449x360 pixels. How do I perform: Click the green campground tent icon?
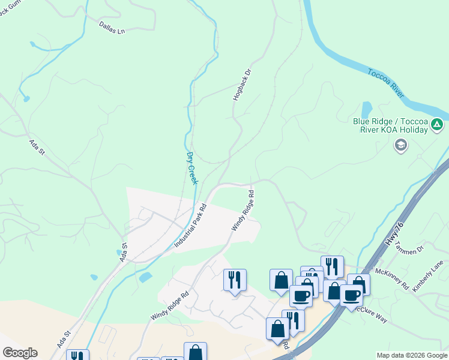pos(437,125)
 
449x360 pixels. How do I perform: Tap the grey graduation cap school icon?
pos(400,145)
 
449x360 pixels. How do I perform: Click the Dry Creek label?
pos(191,168)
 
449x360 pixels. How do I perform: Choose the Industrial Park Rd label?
pos(190,226)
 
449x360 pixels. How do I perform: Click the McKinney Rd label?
pos(393,277)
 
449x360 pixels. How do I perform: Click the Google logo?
pos(20,353)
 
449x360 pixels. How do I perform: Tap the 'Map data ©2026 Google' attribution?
pos(412,355)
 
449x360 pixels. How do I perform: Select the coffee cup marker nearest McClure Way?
pos(351,295)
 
